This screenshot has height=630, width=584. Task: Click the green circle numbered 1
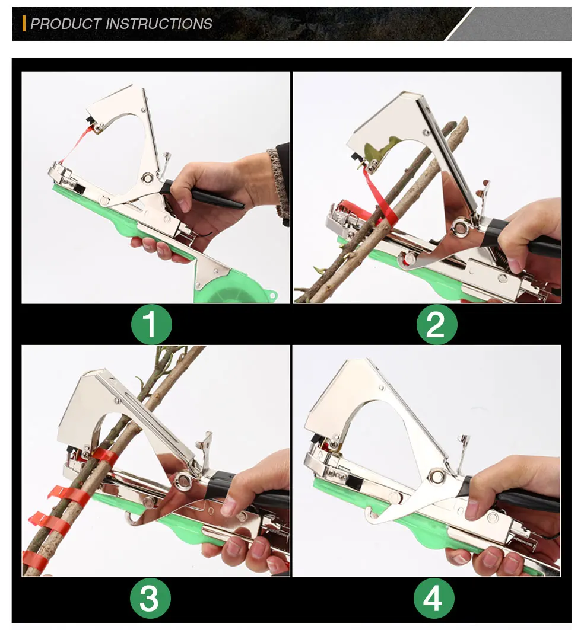pyautogui.click(x=151, y=324)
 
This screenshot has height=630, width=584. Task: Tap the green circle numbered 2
pyautogui.click(x=436, y=324)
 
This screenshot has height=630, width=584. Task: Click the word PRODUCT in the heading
pyautogui.click(x=65, y=24)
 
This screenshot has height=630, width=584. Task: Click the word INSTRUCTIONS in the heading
pyautogui.click(x=158, y=24)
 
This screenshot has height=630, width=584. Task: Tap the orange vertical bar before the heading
pyautogui.click(x=24, y=24)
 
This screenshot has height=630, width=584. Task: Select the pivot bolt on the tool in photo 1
pyautogui.click(x=145, y=177)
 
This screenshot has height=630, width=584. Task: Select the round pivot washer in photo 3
pyautogui.click(x=183, y=481)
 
